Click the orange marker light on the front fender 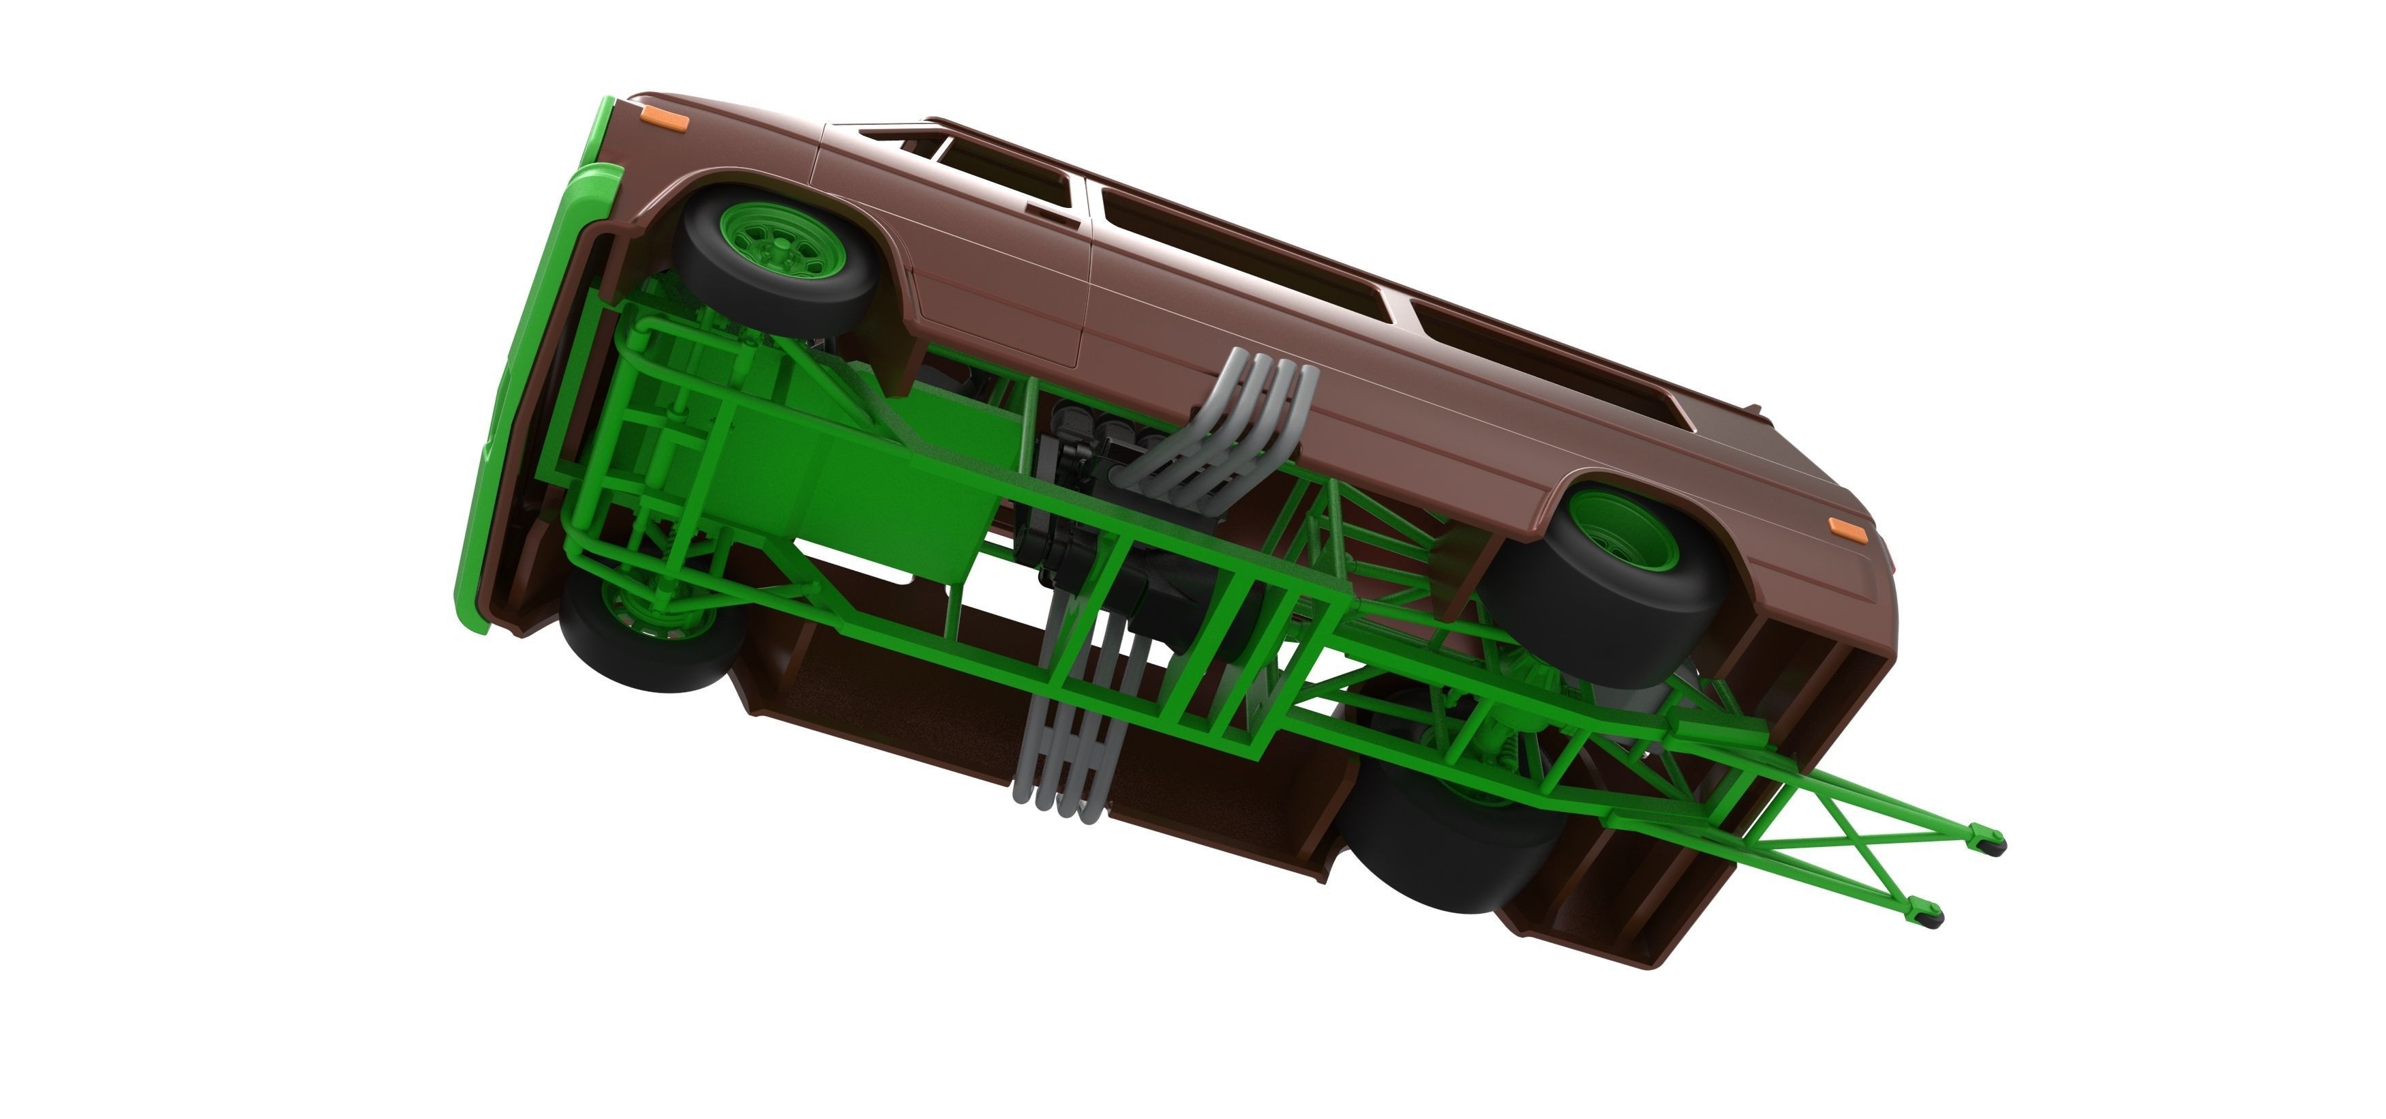coord(661,123)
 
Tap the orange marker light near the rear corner coord(1843,525)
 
